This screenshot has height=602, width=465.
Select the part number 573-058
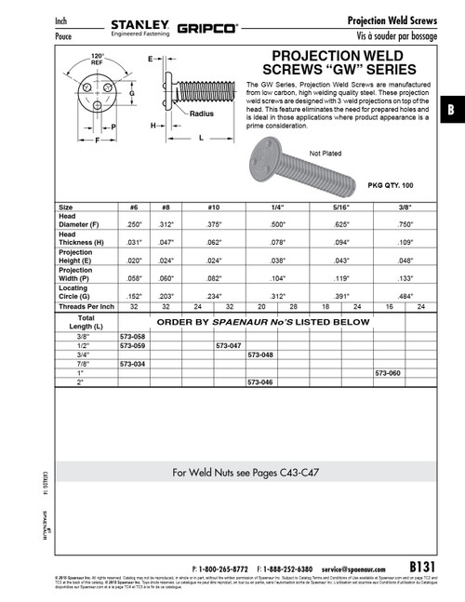(133, 335)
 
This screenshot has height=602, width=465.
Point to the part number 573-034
(133, 363)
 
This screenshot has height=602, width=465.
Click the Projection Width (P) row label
(79, 274)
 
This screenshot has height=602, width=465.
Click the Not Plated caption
(325, 152)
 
